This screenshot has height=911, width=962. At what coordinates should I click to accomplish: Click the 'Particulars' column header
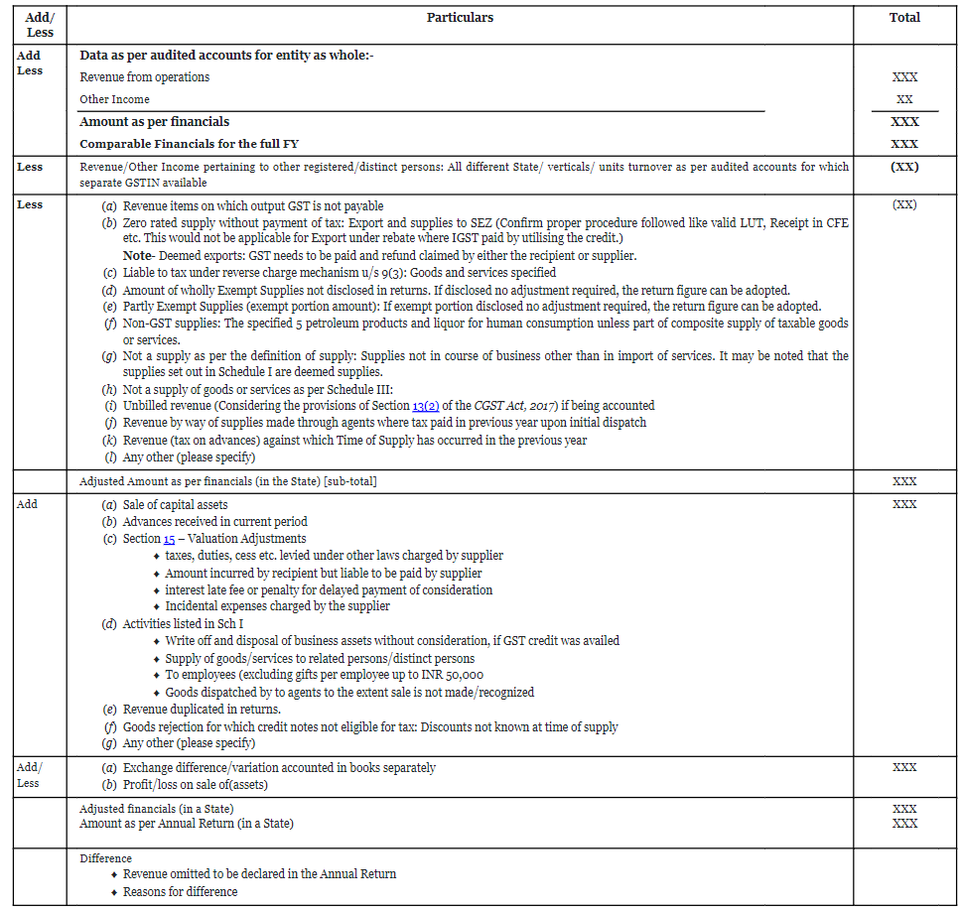coord(460,18)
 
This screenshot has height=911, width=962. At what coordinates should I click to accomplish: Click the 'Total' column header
coord(904,18)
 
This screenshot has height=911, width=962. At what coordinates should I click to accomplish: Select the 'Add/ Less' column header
coord(40,25)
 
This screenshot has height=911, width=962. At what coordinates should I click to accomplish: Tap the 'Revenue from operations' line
coord(145,77)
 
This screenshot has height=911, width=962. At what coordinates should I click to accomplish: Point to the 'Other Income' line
coord(115,99)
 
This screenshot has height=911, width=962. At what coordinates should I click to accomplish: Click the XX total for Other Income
coord(904,99)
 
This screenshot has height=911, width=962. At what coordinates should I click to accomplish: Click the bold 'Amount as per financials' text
coord(155,121)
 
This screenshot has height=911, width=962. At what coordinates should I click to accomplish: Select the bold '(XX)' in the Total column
coord(904,167)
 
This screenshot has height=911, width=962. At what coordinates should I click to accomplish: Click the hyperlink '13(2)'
coord(426,406)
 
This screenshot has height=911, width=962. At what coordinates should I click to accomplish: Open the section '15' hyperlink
coord(170,539)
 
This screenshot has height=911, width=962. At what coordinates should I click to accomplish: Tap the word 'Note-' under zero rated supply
coord(137,255)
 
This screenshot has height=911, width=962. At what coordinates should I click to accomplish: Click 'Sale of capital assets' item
coord(176,504)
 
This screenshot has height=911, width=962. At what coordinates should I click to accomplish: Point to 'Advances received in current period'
coord(215,522)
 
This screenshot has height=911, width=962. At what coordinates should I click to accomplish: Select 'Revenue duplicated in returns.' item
coord(202,710)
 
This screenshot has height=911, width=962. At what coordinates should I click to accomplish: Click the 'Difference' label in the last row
coord(106,858)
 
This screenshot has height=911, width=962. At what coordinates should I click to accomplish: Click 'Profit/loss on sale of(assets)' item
coord(196,785)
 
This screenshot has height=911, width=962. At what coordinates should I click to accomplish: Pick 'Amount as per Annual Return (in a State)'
coord(187,824)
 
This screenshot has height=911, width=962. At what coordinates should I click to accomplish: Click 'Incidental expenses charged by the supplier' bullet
coord(278,606)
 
